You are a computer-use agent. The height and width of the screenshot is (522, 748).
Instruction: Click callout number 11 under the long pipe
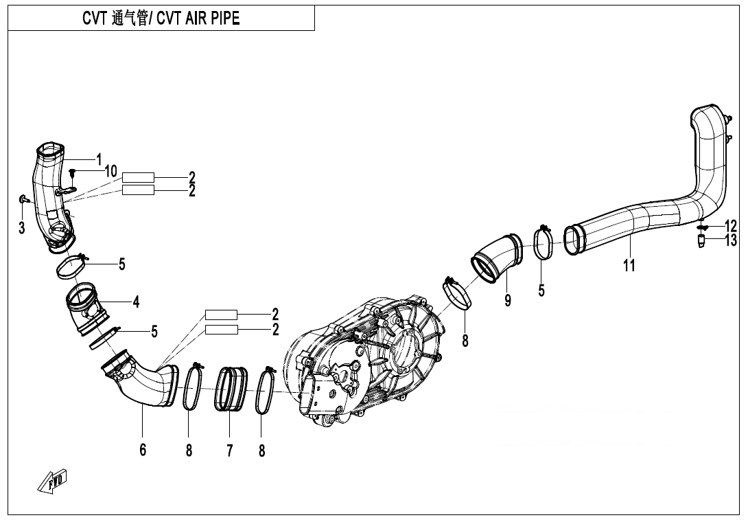click(629, 266)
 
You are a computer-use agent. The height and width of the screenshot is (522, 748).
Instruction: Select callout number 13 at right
click(730, 240)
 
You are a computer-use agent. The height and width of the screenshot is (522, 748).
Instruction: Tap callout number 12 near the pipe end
click(730, 226)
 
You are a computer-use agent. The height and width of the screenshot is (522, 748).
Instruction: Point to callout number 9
click(508, 300)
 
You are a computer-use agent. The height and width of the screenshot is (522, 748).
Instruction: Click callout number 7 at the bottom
click(229, 451)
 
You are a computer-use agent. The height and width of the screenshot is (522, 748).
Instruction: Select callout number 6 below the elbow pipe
click(143, 451)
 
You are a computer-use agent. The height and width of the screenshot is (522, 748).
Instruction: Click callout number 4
click(136, 302)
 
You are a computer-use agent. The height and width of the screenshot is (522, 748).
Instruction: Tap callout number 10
click(110, 171)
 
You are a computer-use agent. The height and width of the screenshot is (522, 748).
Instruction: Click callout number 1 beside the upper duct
click(99, 159)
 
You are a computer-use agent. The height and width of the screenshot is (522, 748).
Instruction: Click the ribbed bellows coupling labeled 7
click(231, 390)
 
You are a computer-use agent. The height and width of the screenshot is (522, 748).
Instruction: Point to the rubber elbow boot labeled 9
click(495, 258)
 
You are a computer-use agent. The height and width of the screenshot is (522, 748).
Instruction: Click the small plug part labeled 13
click(702, 241)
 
